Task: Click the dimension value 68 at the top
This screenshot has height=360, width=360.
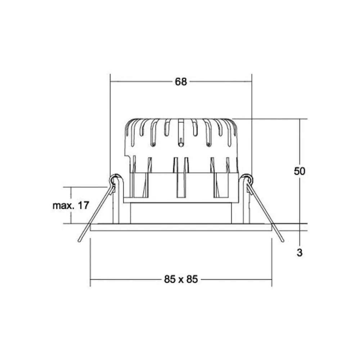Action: [x=181, y=82]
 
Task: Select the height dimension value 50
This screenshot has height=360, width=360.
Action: [x=299, y=171]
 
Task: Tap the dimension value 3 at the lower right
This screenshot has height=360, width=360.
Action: [x=299, y=253]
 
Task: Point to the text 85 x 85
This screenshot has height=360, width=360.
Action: [x=181, y=279]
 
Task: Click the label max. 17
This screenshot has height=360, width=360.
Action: [x=71, y=206]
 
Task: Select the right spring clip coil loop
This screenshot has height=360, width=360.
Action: [x=247, y=179]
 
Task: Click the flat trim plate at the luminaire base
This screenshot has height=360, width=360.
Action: [x=181, y=227]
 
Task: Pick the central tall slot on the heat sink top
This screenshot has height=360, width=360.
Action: [x=181, y=133]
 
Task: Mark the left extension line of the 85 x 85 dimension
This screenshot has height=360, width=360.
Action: [x=90, y=263]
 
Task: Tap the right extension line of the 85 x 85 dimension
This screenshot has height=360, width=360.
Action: [x=271, y=263]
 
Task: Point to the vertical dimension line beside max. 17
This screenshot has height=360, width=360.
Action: [x=71, y=216]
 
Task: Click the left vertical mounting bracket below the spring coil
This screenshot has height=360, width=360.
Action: [x=116, y=205]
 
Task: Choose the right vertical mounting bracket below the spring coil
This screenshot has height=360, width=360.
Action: [x=246, y=205]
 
